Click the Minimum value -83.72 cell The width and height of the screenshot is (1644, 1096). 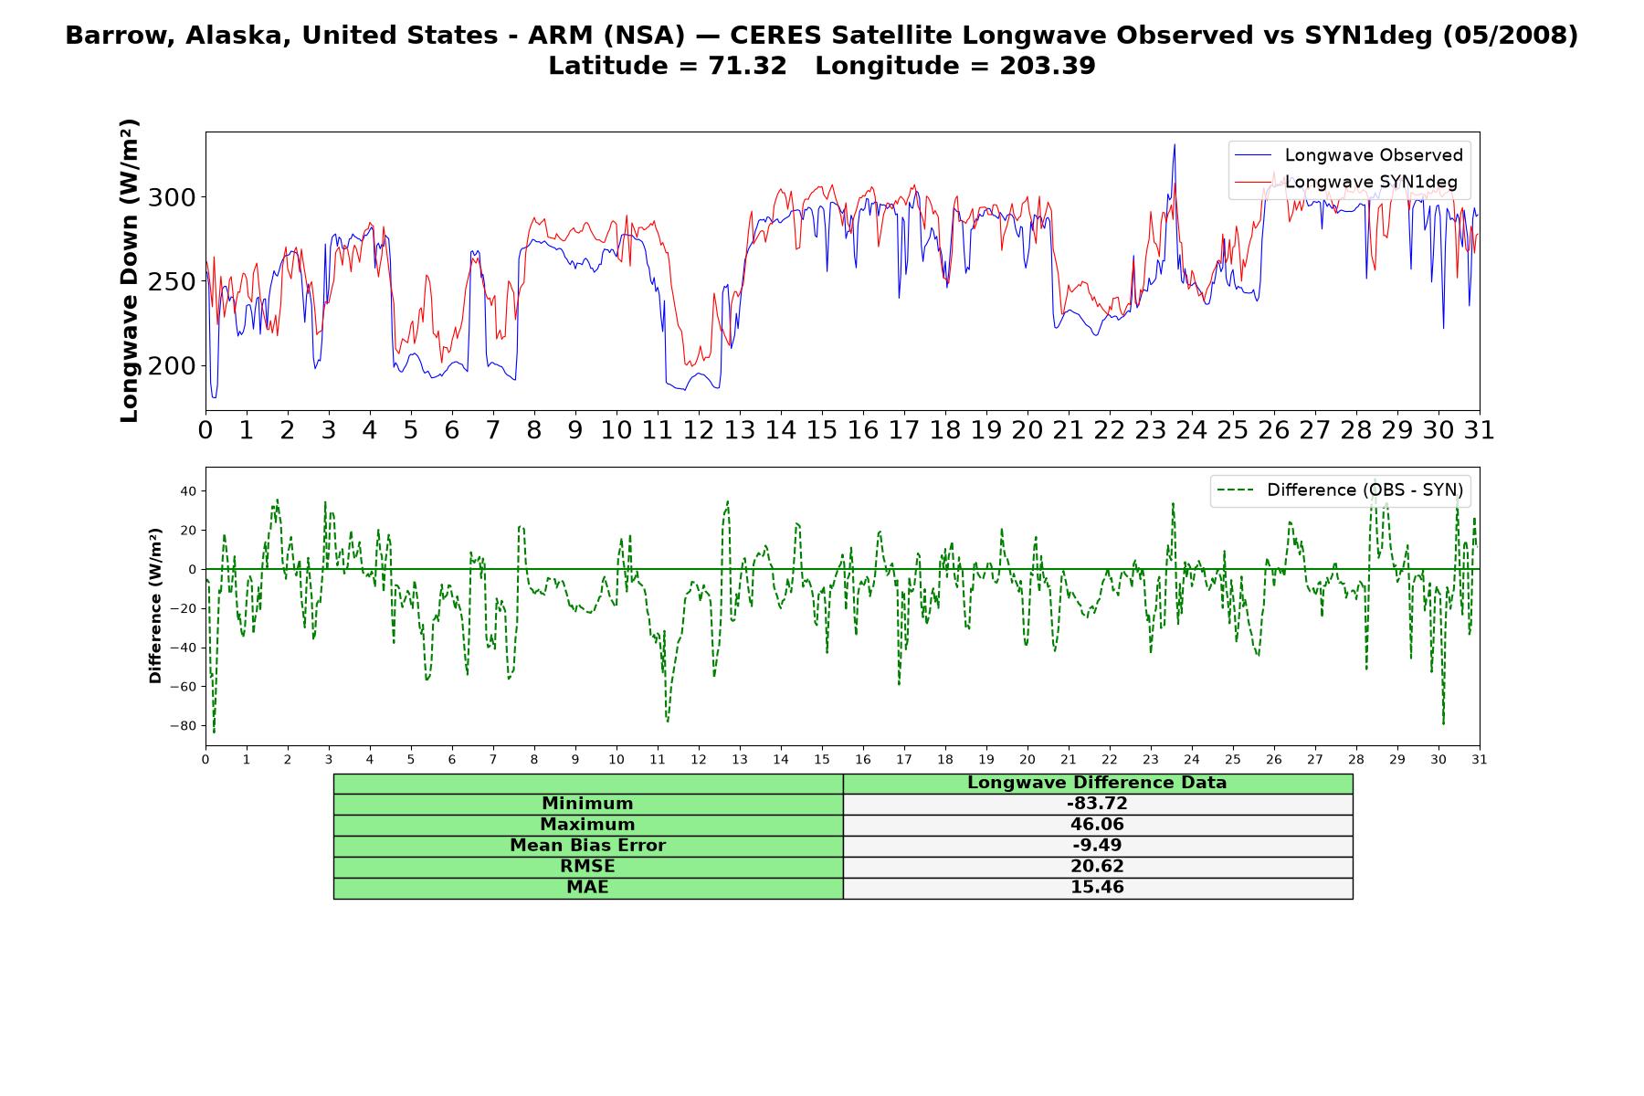1097,804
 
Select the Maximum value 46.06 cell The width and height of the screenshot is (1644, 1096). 1097,825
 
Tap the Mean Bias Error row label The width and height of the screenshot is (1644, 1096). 587,846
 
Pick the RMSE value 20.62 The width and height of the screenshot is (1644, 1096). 1097,867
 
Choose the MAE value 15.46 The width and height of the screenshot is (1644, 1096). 1097,888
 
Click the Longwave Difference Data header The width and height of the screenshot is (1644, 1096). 1097,783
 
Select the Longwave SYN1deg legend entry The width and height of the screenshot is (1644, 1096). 1346,183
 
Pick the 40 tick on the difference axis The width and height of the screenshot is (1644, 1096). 188,491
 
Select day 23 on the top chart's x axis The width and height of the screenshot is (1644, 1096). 1151,430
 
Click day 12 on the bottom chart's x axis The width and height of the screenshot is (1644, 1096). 699,759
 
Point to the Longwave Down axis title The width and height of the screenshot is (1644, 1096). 129,270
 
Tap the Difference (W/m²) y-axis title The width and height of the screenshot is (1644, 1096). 155,606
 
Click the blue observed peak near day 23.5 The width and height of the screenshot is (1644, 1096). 1175,145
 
